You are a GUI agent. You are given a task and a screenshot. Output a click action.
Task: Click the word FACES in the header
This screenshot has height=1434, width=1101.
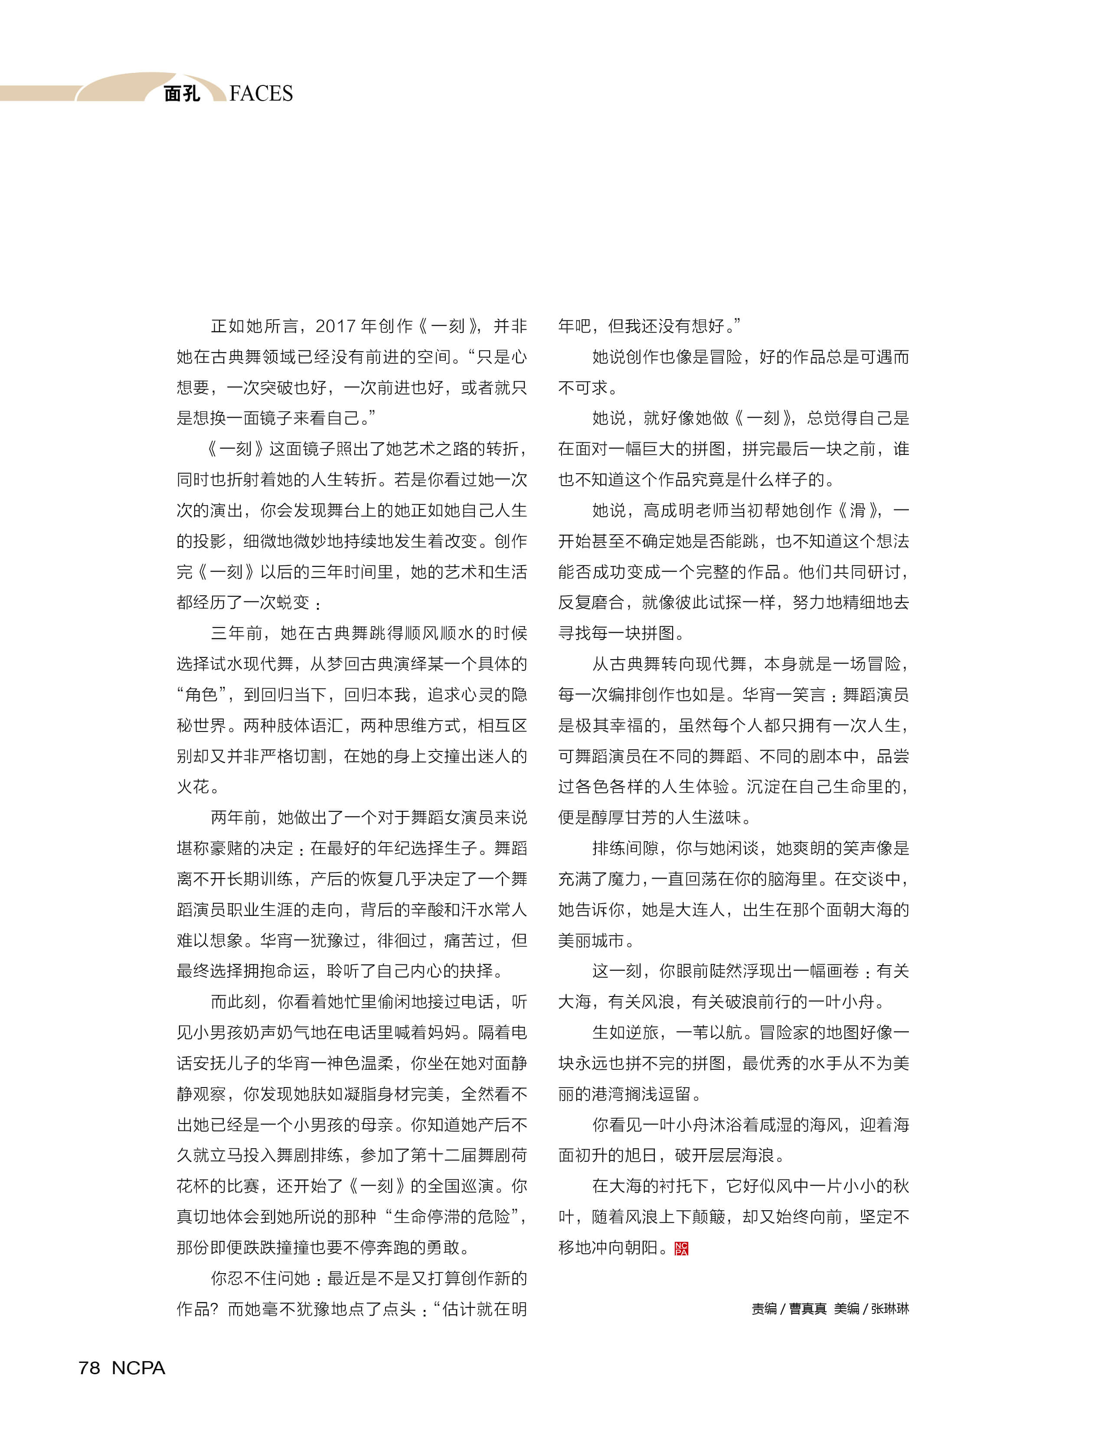point(261,94)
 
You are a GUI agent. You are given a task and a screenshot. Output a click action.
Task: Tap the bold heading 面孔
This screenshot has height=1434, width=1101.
point(182,94)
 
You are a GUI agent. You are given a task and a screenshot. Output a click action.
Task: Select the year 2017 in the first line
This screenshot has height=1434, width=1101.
point(336,326)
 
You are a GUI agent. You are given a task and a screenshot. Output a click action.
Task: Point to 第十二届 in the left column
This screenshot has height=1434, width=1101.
point(444,1156)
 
